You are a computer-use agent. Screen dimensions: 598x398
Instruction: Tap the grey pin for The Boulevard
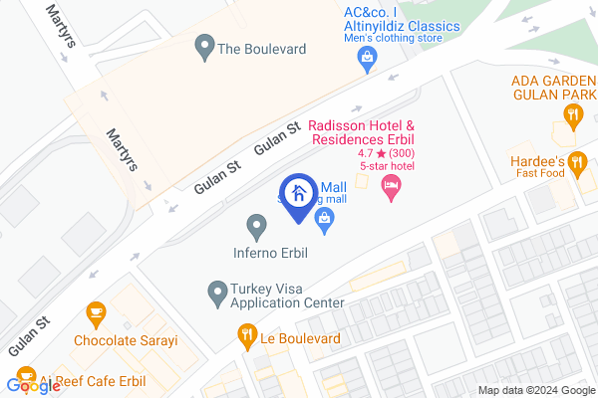(x=205, y=45)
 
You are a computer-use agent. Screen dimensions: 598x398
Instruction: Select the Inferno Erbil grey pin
(x=256, y=227)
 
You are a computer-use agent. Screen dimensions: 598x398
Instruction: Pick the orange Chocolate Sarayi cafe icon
(x=97, y=314)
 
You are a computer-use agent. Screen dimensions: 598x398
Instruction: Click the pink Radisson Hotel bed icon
(x=392, y=185)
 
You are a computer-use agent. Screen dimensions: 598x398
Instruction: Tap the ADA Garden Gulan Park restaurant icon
(x=572, y=114)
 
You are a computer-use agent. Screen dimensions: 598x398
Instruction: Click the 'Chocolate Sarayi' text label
(x=126, y=340)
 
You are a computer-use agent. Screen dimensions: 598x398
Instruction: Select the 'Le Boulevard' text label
(x=301, y=338)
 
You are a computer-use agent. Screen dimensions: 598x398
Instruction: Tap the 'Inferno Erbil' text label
(x=271, y=253)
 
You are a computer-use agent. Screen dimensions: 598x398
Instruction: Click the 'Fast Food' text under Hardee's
(x=542, y=174)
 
